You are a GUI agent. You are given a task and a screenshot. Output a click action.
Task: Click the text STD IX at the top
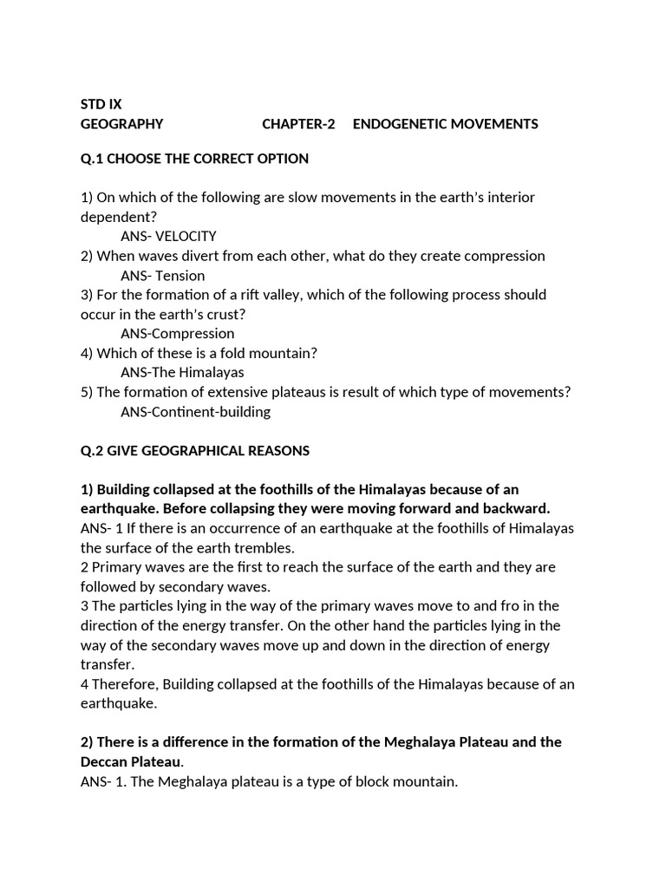click(x=101, y=104)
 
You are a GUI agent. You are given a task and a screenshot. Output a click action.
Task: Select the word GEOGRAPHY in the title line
click(x=121, y=124)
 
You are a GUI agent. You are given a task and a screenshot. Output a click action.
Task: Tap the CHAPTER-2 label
click(x=298, y=124)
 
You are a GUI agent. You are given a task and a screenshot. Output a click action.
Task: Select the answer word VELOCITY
click(x=186, y=236)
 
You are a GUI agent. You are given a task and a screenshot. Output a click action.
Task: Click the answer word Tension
click(x=180, y=276)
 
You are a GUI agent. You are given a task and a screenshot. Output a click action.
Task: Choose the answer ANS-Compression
click(x=178, y=334)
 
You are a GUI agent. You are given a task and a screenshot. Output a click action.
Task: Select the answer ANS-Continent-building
click(x=196, y=412)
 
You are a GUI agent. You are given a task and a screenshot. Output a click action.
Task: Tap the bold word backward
click(x=519, y=508)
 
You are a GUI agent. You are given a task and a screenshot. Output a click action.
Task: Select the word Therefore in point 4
click(x=126, y=684)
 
